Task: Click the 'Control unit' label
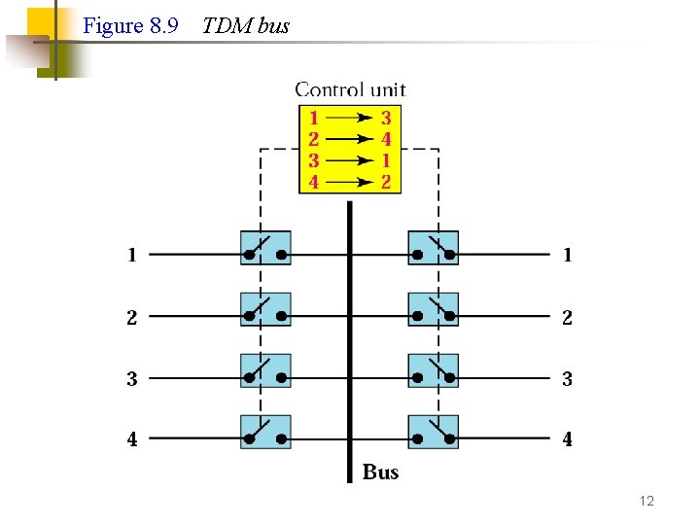tap(350, 89)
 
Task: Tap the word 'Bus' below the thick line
tap(380, 472)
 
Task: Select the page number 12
tap(647, 501)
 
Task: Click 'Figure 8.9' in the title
tap(130, 26)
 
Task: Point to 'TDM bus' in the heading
tap(245, 26)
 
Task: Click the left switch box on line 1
tap(265, 248)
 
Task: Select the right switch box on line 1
tap(433, 248)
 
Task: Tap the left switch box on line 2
tap(265, 309)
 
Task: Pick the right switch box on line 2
tap(433, 309)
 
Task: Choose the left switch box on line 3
tap(265, 370)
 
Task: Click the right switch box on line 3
tap(433, 370)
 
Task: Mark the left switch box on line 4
tap(265, 432)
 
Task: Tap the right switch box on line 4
tap(433, 432)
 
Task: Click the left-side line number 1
tap(131, 256)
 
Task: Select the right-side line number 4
tap(567, 439)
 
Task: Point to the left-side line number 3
tap(131, 378)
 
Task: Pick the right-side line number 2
tap(567, 317)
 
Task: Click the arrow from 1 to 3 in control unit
tap(350, 118)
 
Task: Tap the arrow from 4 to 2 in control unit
tap(350, 182)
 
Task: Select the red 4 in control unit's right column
tap(386, 139)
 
